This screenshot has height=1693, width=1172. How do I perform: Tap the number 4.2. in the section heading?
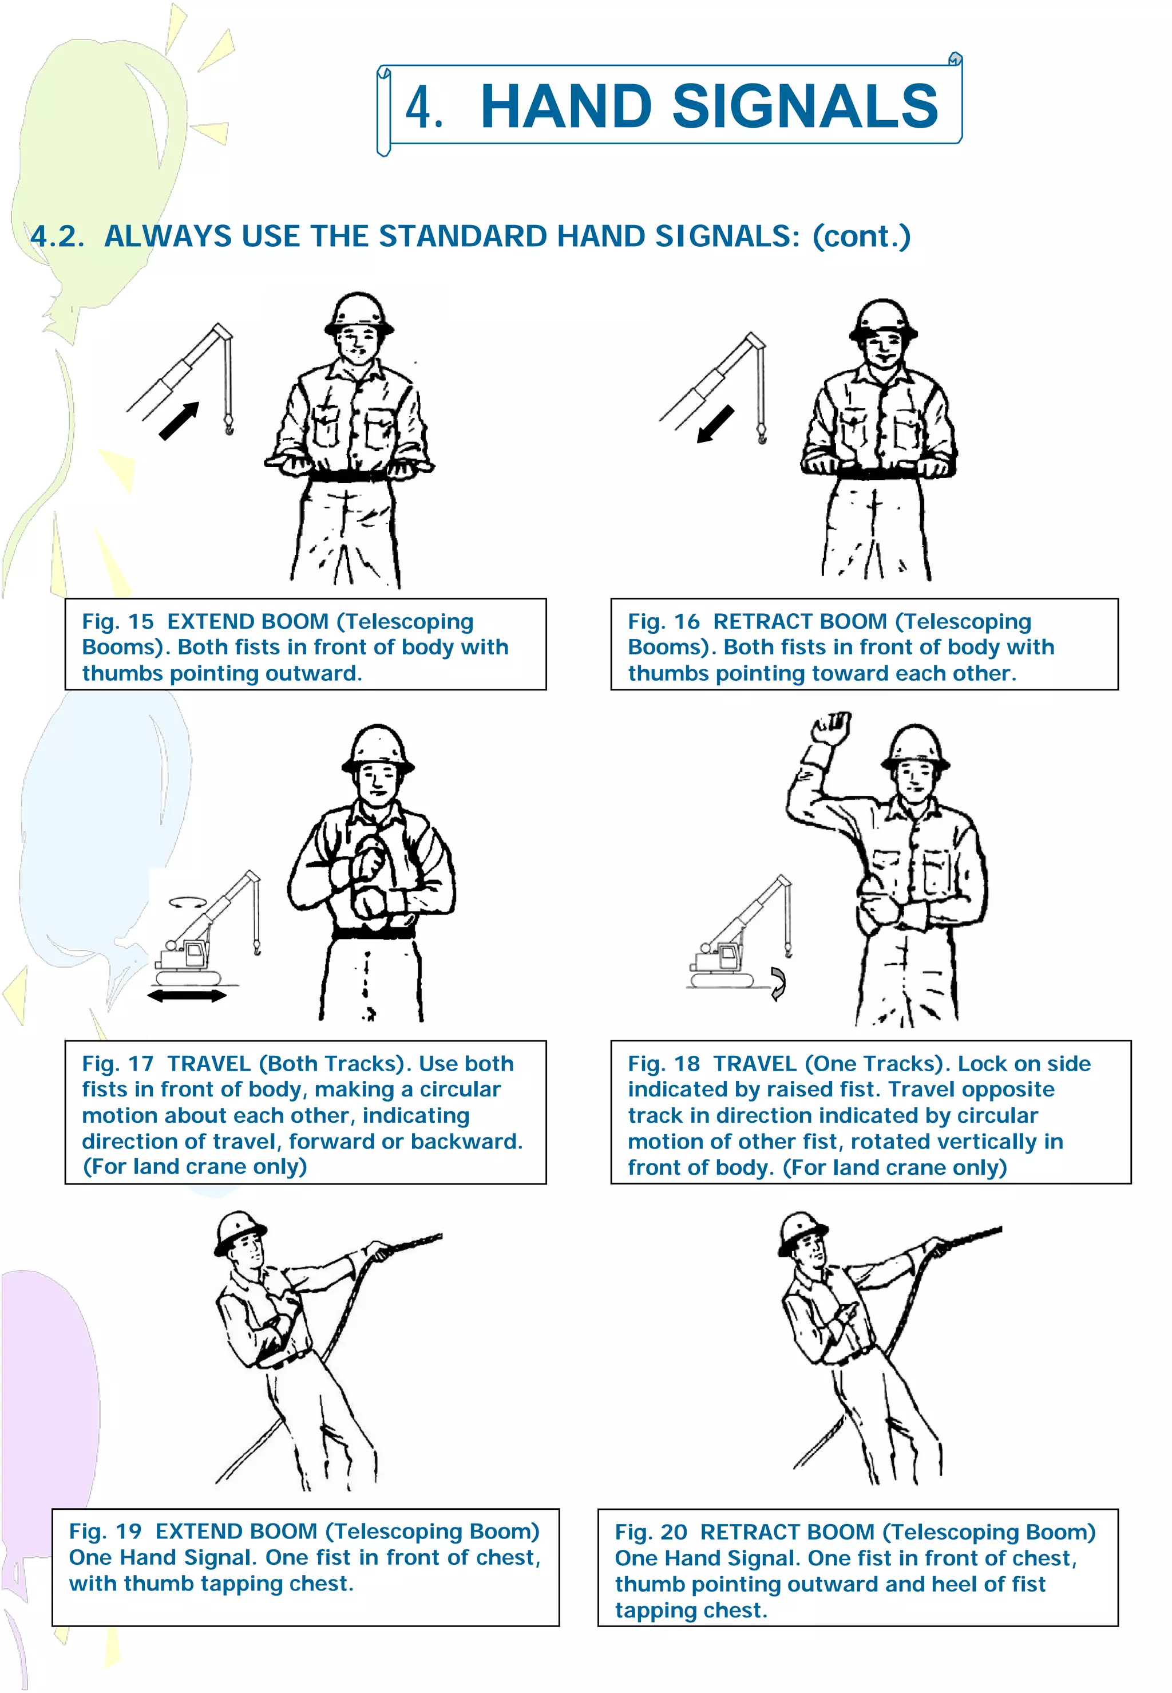click(x=57, y=236)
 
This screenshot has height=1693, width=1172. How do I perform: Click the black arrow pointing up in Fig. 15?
click(x=180, y=421)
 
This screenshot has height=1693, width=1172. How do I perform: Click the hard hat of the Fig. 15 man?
click(x=359, y=314)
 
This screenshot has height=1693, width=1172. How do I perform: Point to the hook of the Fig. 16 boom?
click(x=762, y=436)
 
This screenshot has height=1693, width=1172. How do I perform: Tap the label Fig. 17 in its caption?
click(x=117, y=1064)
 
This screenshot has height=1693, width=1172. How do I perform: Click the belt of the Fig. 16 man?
click(x=879, y=473)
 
